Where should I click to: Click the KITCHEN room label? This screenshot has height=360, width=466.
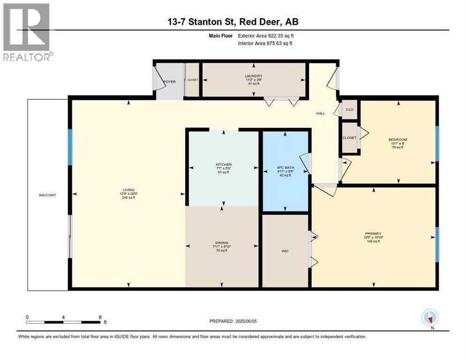click(224, 165)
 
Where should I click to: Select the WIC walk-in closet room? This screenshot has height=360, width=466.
click(285, 251)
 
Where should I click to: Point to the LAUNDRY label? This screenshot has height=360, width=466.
click(253, 76)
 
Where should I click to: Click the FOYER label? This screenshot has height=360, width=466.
click(169, 81)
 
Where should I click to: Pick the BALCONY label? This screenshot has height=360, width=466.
click(48, 195)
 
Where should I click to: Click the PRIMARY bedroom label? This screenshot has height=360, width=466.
click(374, 233)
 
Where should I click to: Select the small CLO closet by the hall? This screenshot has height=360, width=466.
click(349, 109)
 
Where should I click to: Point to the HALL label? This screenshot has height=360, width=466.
click(320, 113)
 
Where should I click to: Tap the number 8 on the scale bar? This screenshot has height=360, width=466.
click(100, 317)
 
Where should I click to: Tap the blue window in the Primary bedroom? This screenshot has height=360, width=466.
click(437, 244)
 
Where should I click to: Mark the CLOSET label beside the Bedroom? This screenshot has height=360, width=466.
click(349, 138)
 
